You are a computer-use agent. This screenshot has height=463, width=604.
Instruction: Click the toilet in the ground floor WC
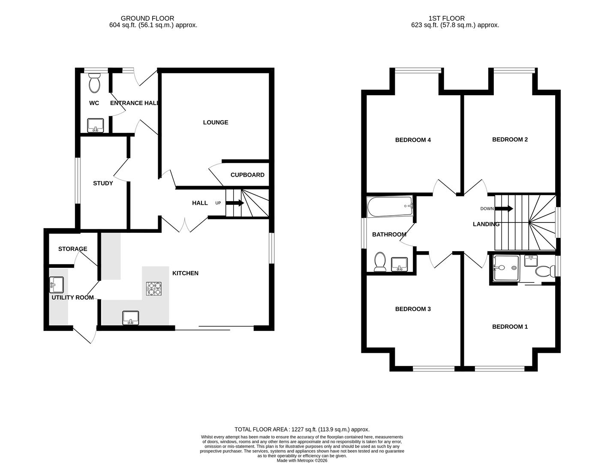[94, 83]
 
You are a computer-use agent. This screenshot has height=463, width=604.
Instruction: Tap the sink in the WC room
[95, 125]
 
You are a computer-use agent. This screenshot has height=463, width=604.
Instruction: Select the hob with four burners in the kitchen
[153, 289]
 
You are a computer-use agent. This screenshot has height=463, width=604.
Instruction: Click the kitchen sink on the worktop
[131, 318]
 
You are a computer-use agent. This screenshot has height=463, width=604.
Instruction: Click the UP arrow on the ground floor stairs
[234, 203]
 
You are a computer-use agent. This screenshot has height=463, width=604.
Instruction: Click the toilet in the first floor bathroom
[380, 262]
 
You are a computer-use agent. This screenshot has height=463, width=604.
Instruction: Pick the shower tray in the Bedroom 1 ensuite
[505, 268]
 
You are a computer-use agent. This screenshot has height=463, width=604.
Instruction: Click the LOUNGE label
[215, 122]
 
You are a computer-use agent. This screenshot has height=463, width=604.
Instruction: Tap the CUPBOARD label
[247, 175]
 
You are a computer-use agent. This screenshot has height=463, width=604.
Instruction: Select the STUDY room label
[103, 183]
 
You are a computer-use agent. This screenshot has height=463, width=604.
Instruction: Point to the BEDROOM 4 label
[412, 140]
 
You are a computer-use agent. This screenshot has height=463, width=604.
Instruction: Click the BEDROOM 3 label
[412, 309]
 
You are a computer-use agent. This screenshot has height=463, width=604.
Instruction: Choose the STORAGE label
[72, 249]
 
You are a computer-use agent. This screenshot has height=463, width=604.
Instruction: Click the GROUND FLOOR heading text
[147, 18]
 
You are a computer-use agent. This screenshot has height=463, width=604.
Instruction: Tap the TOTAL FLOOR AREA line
[302, 429]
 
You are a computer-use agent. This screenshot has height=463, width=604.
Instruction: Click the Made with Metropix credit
[302, 460]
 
